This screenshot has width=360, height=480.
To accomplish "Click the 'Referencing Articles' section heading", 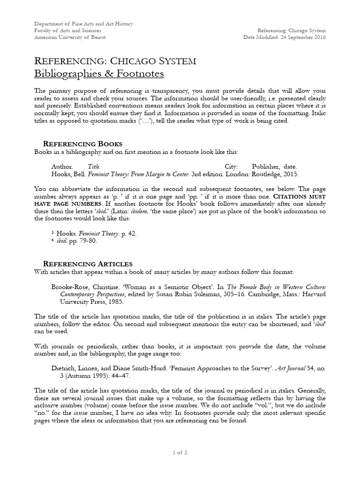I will [x=88, y=263].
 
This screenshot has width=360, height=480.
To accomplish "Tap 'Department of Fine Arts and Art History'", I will [x=84, y=24].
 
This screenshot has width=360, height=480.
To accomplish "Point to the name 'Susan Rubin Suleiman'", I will [x=167, y=295].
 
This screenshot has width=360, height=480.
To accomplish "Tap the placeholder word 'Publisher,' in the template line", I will [x=267, y=166].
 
